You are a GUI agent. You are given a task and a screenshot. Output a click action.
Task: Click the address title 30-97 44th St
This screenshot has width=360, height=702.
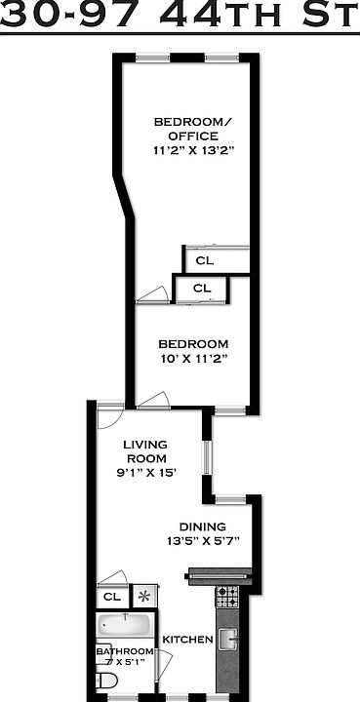(180, 17)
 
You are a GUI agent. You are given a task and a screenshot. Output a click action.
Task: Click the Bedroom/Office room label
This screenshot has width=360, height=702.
(193, 129)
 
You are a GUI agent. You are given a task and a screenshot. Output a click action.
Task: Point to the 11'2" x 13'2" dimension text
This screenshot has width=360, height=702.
(193, 151)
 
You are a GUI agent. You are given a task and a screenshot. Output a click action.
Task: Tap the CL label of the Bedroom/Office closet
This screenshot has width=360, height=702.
(204, 260)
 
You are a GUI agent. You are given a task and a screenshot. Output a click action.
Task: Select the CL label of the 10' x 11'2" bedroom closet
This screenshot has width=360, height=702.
(201, 289)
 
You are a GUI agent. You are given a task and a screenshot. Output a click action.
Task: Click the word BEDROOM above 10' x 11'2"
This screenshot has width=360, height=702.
(193, 344)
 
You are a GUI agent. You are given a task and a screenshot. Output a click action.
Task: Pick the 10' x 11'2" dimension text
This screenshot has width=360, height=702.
(193, 360)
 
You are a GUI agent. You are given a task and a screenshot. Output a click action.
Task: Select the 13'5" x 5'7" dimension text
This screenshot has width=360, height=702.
(204, 540)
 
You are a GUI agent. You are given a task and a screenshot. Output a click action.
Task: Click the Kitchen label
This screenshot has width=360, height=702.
(187, 640)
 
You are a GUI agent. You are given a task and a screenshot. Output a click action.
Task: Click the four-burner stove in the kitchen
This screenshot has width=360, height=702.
(226, 594)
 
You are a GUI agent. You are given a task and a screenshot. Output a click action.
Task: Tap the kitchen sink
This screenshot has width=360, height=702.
(228, 639)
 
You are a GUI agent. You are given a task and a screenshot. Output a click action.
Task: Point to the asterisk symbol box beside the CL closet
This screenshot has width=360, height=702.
(144, 596)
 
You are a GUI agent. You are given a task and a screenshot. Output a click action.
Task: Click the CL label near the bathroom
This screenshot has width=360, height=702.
(111, 597)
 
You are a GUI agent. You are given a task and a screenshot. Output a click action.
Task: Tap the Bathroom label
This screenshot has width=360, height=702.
(124, 651)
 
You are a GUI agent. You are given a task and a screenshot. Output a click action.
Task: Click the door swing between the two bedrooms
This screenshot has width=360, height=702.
(150, 293)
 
